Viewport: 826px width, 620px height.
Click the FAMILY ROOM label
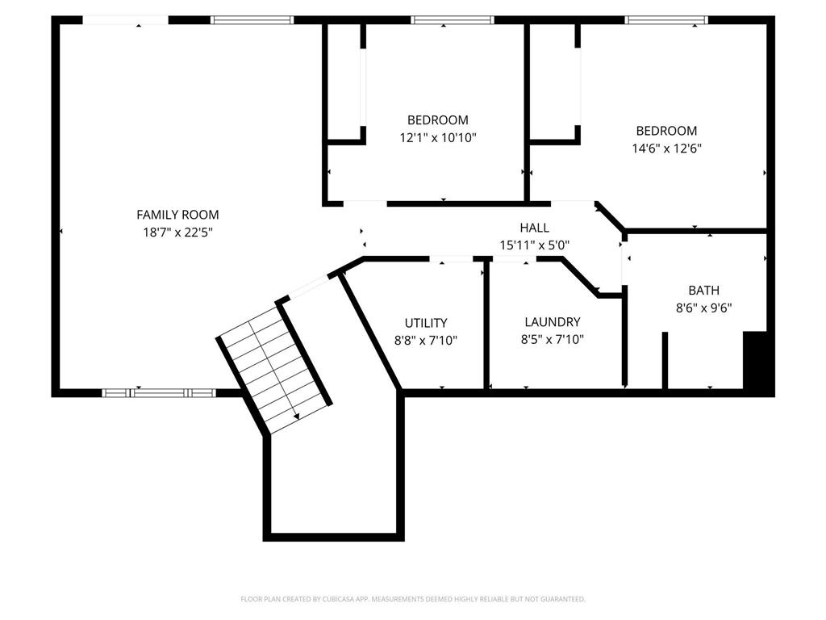(x=177, y=215)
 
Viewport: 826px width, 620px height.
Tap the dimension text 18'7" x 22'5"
(x=177, y=232)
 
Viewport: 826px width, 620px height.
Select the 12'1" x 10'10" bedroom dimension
(x=438, y=138)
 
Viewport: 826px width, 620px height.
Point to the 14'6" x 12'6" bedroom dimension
(x=666, y=149)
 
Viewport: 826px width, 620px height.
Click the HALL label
(x=534, y=228)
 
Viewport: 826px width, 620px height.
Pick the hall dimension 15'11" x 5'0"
(x=535, y=245)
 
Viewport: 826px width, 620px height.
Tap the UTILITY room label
(x=426, y=323)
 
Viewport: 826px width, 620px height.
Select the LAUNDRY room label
(x=552, y=321)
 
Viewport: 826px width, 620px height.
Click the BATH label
(x=703, y=290)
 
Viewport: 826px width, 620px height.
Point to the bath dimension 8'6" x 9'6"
(x=703, y=308)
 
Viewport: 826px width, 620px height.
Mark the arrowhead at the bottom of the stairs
(x=297, y=417)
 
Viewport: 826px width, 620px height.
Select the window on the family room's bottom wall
(x=159, y=393)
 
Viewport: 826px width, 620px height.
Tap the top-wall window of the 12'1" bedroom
(x=452, y=20)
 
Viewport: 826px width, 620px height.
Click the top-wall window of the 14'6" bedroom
(x=666, y=20)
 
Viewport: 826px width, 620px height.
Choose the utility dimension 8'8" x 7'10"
(x=426, y=341)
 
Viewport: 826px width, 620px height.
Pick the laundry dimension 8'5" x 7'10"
(x=552, y=340)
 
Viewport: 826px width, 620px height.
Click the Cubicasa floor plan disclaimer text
(x=413, y=599)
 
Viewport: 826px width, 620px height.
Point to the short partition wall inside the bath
(x=665, y=360)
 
